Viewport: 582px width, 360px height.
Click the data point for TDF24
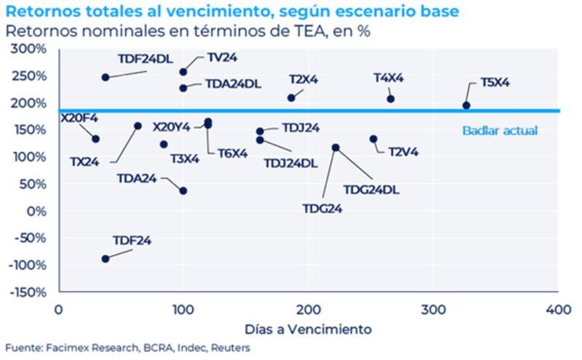point(105,258)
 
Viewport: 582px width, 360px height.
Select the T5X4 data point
point(466,105)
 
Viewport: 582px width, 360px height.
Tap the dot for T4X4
point(391,99)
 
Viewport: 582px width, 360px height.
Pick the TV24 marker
point(183,71)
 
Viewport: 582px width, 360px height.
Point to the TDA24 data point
point(183,191)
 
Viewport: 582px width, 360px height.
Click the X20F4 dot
point(95,139)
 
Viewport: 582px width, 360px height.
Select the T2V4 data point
point(374,139)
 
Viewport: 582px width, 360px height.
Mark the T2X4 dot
point(292,97)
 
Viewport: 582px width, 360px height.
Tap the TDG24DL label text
point(371,190)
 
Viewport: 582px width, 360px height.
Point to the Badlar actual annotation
point(500,131)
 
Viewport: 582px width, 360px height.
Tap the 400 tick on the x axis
point(559,308)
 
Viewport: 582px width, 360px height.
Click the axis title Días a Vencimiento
point(308,329)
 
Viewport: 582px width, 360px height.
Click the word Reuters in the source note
point(231,348)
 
